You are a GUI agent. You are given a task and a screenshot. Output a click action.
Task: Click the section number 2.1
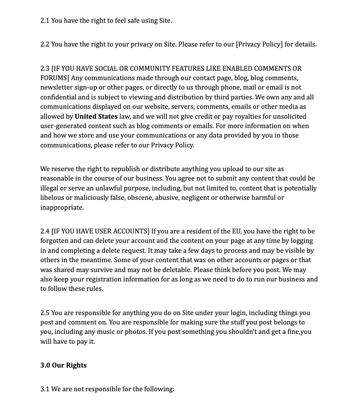[x=45, y=21]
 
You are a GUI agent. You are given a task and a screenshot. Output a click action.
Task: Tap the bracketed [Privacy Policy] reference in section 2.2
[x=260, y=45]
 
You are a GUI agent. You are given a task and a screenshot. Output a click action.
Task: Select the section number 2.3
[x=45, y=68]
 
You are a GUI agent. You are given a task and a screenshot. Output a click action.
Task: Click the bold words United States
[x=96, y=117]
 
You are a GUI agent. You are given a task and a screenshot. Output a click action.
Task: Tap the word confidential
[x=58, y=97]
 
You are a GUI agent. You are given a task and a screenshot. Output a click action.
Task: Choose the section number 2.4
[x=45, y=231]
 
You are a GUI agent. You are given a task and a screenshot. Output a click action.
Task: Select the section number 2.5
[x=45, y=313]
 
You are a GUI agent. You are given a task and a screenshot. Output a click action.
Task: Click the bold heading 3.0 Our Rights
[x=63, y=366]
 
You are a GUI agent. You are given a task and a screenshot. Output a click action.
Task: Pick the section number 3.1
[x=45, y=389]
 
